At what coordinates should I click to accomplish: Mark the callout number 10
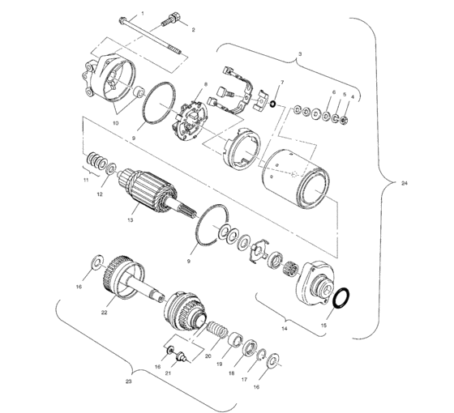(115, 123)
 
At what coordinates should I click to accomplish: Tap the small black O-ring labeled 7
(275, 103)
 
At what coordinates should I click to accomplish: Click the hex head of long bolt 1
(121, 21)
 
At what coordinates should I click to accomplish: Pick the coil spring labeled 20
(216, 331)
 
